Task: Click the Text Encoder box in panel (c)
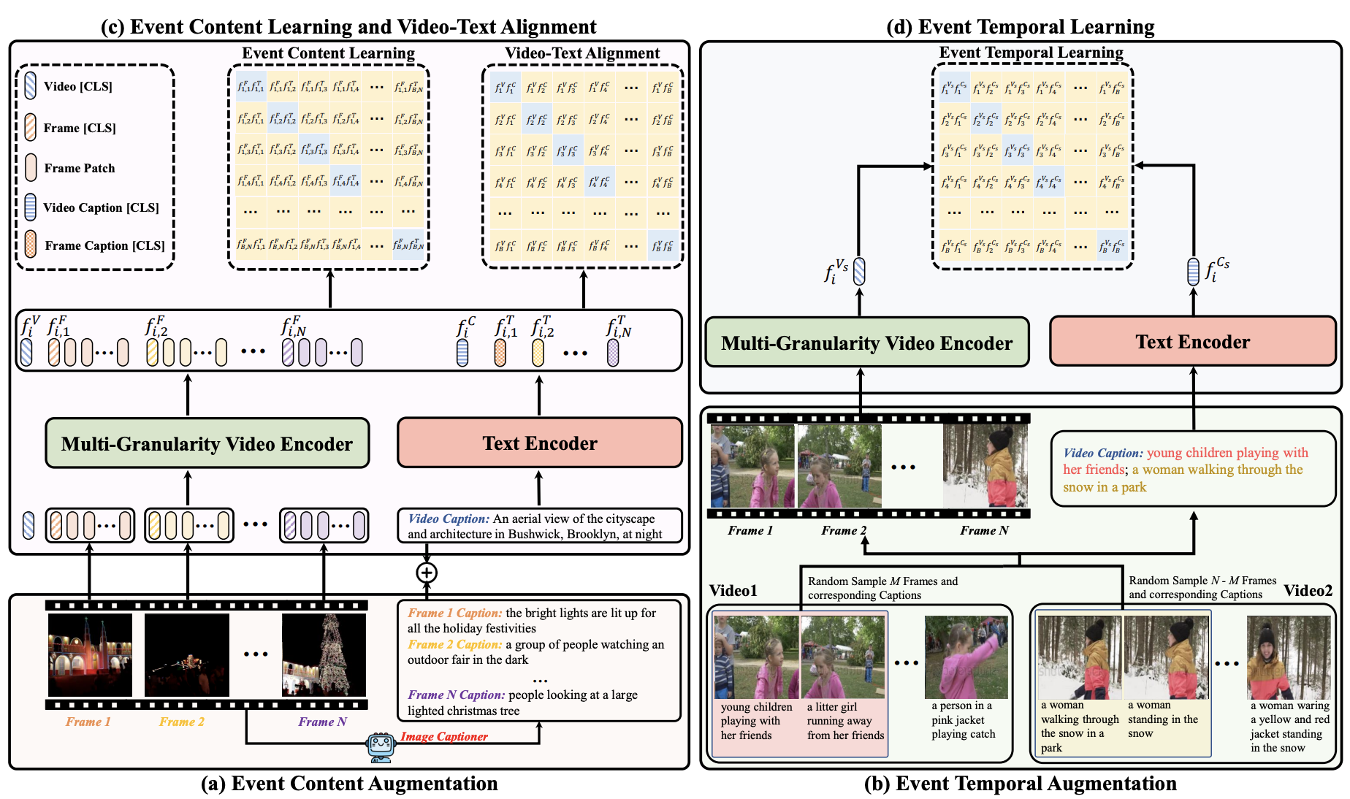tap(539, 443)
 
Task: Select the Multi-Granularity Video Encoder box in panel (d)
tap(866, 343)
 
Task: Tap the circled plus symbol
tap(427, 573)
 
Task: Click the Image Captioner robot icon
tap(381, 746)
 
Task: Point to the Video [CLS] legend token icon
tap(30, 85)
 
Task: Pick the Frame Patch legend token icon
tap(31, 167)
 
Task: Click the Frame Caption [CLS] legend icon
tap(31, 245)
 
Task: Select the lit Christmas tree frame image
tap(324, 654)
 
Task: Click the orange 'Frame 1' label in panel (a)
tap(88, 722)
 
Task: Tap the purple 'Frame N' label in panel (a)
tap(322, 722)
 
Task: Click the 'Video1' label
tap(733, 590)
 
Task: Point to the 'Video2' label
tap(1308, 590)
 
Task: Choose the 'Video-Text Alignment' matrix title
tap(582, 53)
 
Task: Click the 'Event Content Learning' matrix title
tap(328, 53)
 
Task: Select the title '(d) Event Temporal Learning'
tap(1020, 27)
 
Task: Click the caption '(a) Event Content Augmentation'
tap(349, 784)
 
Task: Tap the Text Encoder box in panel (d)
tap(1192, 342)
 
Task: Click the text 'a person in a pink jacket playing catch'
tap(963, 720)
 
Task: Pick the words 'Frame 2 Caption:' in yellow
tap(454, 644)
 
